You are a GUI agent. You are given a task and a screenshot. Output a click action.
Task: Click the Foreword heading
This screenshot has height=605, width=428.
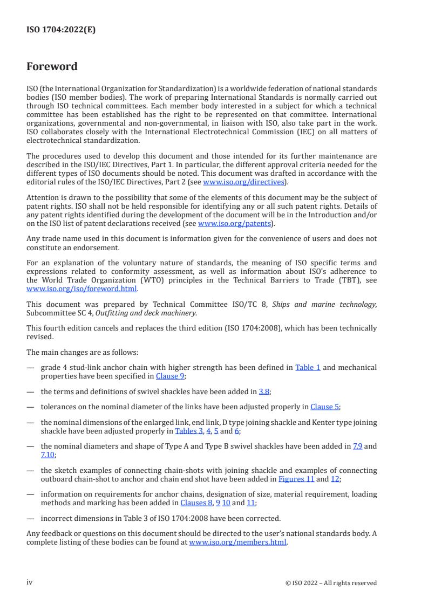tap(52, 67)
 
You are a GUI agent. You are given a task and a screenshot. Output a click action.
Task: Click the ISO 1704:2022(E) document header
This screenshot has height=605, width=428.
tap(61, 30)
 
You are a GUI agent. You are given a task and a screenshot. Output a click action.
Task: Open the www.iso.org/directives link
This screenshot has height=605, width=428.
tap(243, 182)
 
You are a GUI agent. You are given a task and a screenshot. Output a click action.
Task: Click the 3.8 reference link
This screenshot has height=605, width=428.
tap(264, 391)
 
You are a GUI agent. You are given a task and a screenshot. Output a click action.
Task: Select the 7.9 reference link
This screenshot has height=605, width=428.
tap(357, 446)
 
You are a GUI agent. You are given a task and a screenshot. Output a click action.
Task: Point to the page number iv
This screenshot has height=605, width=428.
tap(30, 582)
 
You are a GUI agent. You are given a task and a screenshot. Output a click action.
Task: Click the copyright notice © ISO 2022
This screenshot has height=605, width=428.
tap(331, 583)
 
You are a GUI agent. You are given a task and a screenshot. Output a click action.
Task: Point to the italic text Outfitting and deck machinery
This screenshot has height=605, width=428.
tap(146, 313)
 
